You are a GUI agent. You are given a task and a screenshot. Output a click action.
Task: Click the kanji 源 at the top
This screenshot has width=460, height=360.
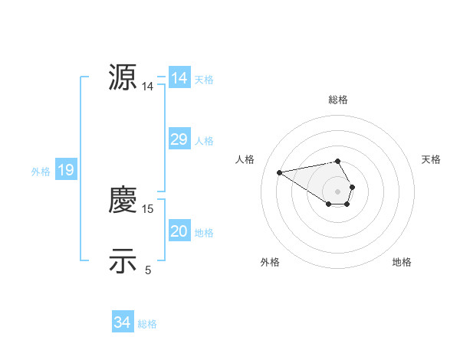click(x=123, y=77)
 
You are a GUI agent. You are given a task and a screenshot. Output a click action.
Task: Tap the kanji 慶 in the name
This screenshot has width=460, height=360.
click(x=123, y=200)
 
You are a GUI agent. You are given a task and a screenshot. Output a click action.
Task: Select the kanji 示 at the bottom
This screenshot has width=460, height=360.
click(x=123, y=261)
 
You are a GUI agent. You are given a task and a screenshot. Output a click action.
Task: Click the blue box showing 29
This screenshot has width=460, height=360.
click(x=179, y=139)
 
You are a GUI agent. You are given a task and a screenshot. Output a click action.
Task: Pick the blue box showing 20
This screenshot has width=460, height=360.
click(x=179, y=231)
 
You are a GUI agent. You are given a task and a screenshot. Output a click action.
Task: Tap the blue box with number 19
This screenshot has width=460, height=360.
click(x=66, y=170)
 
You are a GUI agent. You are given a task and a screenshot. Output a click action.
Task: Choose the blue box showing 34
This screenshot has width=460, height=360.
click(x=122, y=322)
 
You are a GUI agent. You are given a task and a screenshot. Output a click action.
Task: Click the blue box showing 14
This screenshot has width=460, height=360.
click(x=179, y=78)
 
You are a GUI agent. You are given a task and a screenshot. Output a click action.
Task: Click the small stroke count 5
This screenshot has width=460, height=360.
click(x=148, y=270)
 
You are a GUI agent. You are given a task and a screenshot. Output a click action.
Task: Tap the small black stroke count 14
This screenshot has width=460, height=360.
click(x=148, y=87)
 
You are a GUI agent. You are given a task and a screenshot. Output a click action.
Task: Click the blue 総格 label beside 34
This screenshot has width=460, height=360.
click(x=147, y=324)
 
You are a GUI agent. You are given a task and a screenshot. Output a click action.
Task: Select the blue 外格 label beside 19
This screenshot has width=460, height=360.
click(x=41, y=172)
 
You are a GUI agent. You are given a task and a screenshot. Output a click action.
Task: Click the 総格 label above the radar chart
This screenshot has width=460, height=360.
click(x=337, y=100)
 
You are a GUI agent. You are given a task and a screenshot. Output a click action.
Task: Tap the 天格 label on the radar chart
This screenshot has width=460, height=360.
click(x=431, y=159)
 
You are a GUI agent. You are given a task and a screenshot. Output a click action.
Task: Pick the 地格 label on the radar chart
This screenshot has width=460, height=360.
click(x=402, y=262)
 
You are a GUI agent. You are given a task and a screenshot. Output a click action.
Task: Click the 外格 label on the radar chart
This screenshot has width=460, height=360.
click(x=270, y=262)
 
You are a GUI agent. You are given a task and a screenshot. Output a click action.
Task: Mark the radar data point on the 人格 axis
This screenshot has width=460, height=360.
click(x=280, y=172)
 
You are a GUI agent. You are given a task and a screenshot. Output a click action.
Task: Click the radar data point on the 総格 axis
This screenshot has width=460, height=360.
click(x=337, y=162)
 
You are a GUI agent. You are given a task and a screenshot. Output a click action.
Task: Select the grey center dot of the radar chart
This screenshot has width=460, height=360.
click(x=337, y=191)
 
